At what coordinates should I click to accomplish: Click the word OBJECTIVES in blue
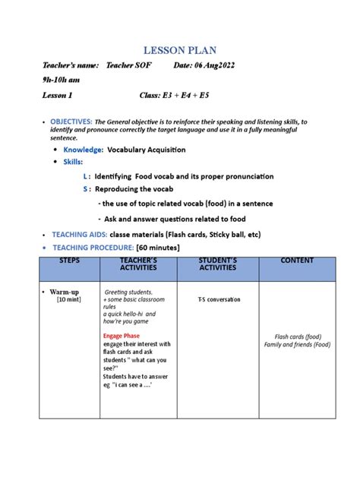pyautogui.click(x=71, y=122)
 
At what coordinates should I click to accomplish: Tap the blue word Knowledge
pyautogui.click(x=83, y=150)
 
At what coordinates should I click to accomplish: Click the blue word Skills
pyautogui.click(x=73, y=162)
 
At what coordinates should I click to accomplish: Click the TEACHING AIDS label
pyautogui.click(x=78, y=235)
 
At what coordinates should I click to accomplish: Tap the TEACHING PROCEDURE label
pyautogui.click(x=90, y=248)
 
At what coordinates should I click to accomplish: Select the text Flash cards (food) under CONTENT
pyautogui.click(x=297, y=336)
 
